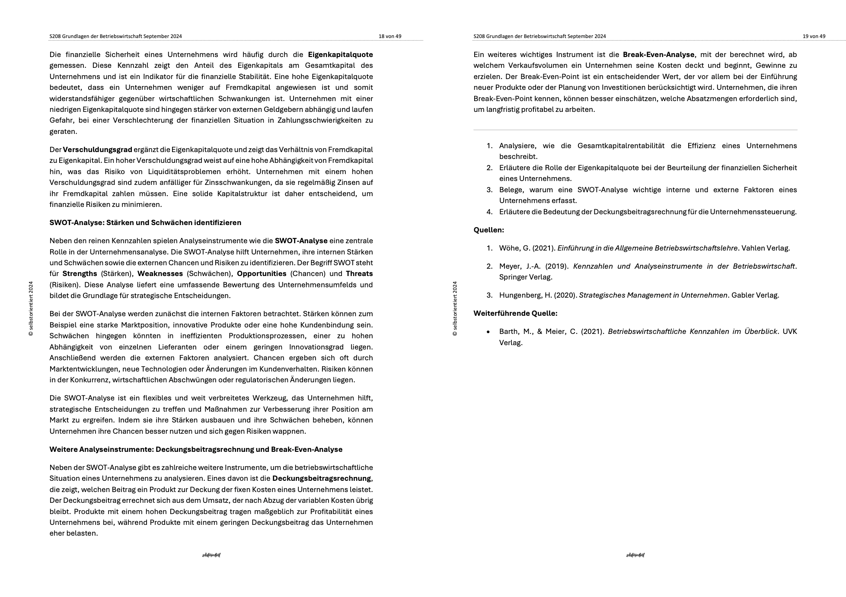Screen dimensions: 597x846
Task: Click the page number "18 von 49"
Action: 389,36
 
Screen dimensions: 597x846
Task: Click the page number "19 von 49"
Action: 814,36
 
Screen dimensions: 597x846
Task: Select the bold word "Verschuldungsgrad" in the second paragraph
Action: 97,149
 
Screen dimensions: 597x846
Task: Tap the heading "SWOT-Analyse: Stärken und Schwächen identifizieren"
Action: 145,222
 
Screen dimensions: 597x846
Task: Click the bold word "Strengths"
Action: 80,273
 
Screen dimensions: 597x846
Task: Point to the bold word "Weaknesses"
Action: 160,273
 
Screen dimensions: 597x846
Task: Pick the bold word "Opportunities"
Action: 262,273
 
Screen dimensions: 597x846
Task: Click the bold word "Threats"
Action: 359,273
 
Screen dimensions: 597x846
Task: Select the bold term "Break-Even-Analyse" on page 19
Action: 658,54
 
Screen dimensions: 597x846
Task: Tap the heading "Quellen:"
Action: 488,230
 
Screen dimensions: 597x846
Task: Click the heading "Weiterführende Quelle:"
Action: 515,313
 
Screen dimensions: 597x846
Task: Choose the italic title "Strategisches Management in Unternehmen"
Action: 653,295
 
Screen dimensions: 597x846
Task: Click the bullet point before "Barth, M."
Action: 488,332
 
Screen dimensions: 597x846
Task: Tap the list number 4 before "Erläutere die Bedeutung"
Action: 489,212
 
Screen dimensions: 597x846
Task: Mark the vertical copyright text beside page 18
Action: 31,308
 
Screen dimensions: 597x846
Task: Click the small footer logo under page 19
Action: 635,555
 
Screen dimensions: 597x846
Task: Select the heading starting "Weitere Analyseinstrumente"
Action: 196,449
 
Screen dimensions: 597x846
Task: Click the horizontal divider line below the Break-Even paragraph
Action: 635,130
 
